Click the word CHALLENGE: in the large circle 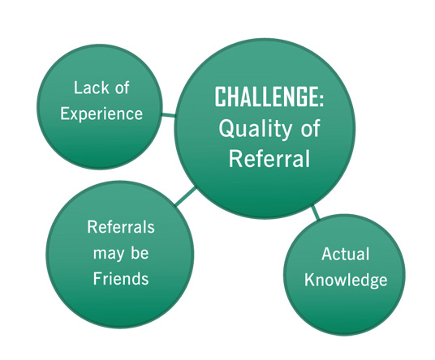pyautogui.click(x=269, y=96)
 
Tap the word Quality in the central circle pyautogui.click(x=255, y=130)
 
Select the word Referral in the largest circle pyautogui.click(x=269, y=158)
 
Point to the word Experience pyautogui.click(x=101, y=114)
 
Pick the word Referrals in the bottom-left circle pyautogui.click(x=121, y=227)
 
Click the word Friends pyautogui.click(x=121, y=278)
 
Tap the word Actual pyautogui.click(x=346, y=254)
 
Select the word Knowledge pyautogui.click(x=346, y=280)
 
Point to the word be pyautogui.click(x=140, y=253)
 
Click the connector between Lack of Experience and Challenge pyautogui.click(x=168, y=115)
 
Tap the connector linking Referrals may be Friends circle pyautogui.click(x=186, y=196)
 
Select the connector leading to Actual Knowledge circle pyautogui.click(x=316, y=212)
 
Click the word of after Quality pyautogui.click(x=310, y=128)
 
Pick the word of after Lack pyautogui.click(x=122, y=88)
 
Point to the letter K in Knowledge pyautogui.click(x=309, y=280)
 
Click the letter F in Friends pyautogui.click(x=97, y=278)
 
